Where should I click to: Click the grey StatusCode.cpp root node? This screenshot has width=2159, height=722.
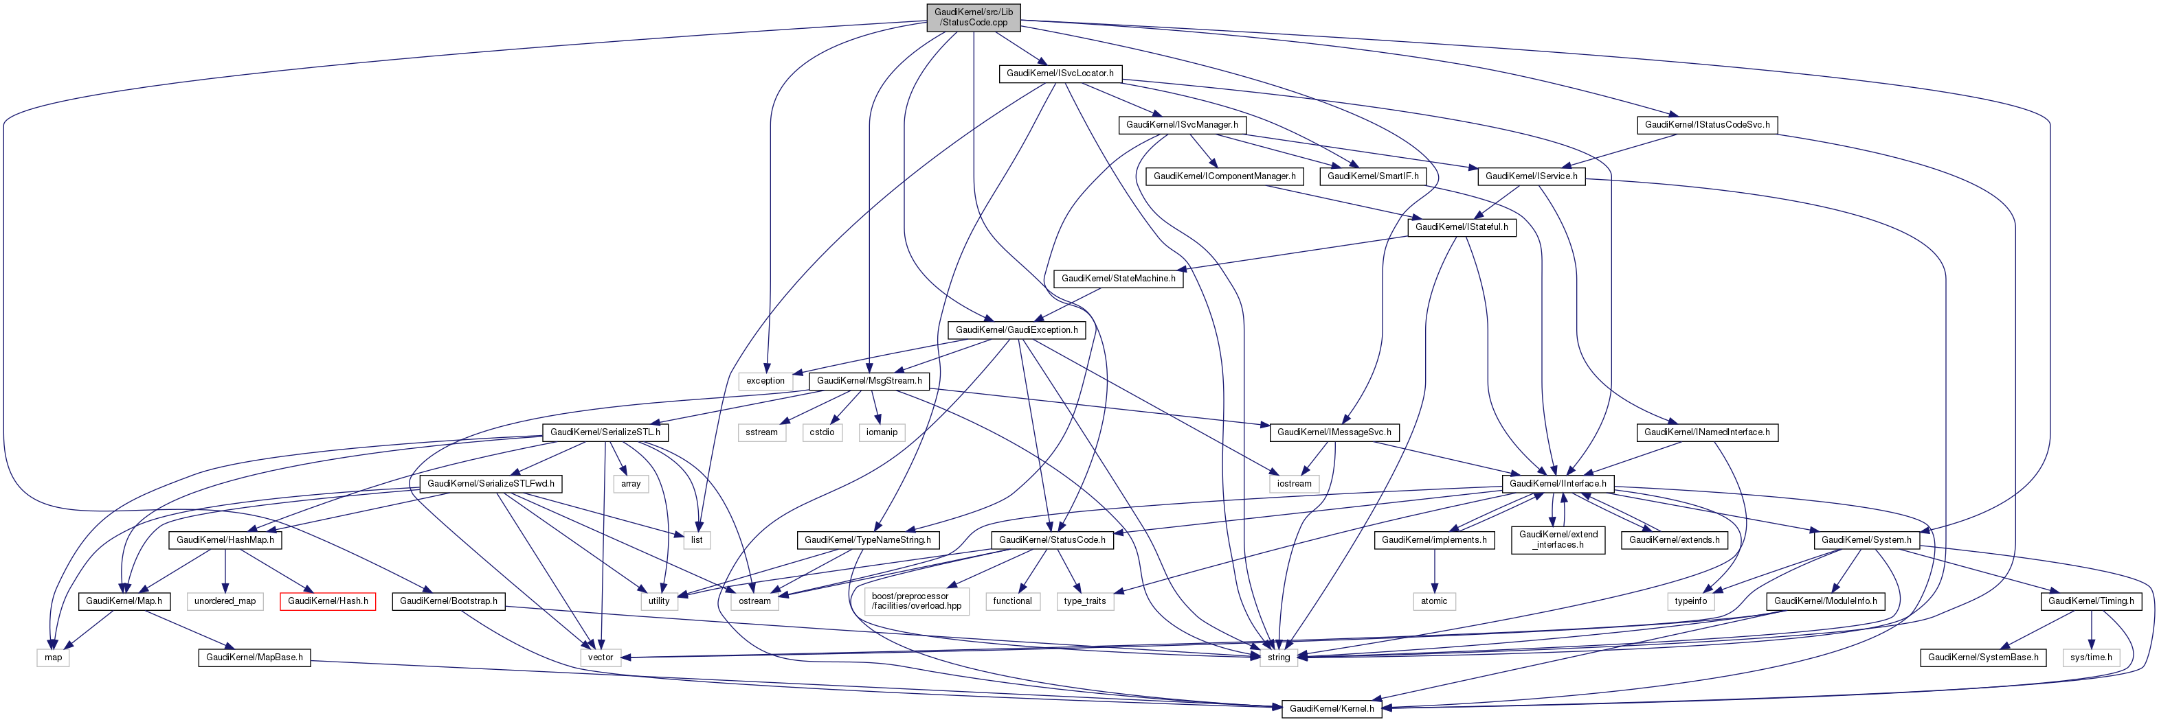click(973, 16)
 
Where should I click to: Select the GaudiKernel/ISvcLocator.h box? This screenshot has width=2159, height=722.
click(1060, 73)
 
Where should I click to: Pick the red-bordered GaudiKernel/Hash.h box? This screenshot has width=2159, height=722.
click(328, 601)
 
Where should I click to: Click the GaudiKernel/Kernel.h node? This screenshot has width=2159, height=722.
click(1331, 708)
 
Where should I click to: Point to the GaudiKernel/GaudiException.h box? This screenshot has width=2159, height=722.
click(1017, 330)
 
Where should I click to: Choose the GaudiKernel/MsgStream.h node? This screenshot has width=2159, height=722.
click(869, 381)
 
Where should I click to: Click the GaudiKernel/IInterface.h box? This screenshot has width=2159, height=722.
click(1557, 484)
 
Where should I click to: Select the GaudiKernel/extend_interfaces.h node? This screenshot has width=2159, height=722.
click(1558, 539)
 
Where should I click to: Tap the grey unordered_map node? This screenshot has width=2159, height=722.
click(225, 601)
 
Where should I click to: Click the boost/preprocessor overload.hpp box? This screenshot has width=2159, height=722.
click(916, 601)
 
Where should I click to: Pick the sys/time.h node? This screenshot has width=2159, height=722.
click(2090, 657)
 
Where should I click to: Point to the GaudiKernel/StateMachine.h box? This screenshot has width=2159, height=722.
click(1118, 279)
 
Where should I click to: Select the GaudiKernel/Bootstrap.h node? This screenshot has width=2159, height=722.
click(449, 601)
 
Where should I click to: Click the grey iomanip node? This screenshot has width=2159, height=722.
click(882, 433)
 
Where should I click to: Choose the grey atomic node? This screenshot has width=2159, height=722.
click(1433, 601)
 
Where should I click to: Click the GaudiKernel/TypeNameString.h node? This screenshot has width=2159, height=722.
click(866, 540)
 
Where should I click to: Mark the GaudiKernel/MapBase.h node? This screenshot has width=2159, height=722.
click(254, 657)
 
